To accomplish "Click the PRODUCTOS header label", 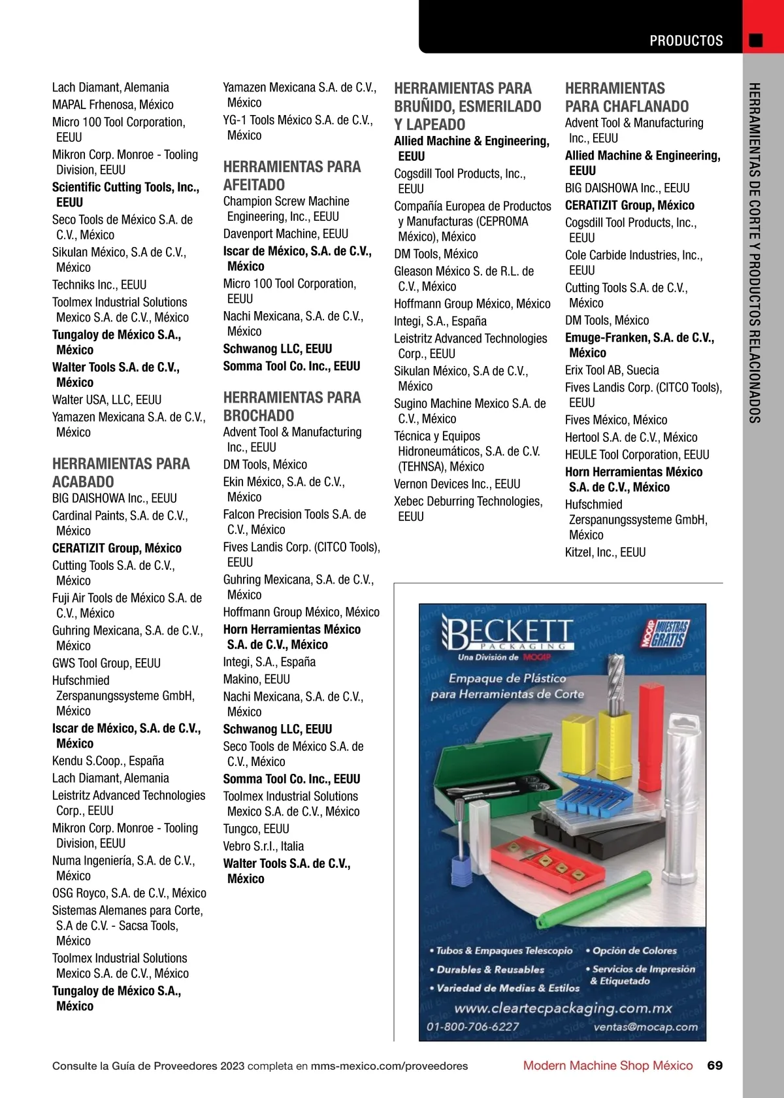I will [x=686, y=41].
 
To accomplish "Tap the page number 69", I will [x=715, y=1065].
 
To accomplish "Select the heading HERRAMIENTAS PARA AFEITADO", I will [x=291, y=176].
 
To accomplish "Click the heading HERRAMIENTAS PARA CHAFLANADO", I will [x=627, y=97].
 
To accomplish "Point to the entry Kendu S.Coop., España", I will [x=108, y=761].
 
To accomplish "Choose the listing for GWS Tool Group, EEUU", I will [x=106, y=663].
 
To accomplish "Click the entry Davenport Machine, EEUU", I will [x=286, y=233].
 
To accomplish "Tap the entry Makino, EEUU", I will [x=256, y=679].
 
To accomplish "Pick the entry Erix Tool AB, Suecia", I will [x=612, y=370].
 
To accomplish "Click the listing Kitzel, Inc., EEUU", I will [x=605, y=552].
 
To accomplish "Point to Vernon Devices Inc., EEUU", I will [x=457, y=484].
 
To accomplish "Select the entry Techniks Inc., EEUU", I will [x=99, y=284].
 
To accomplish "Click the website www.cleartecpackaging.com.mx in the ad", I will [x=563, y=1008].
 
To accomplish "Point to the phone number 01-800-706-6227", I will [x=472, y=1027].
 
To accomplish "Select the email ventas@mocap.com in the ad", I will [x=645, y=1027].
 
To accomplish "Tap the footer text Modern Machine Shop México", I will [x=608, y=1065].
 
